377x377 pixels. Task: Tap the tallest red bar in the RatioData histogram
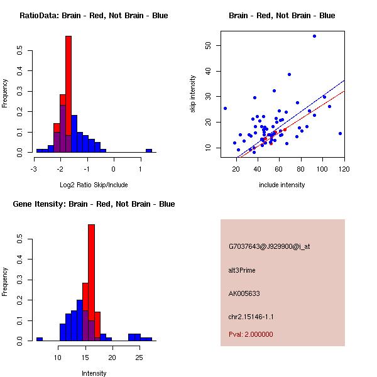(x=68, y=94)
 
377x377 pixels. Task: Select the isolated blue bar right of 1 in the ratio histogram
(x=149, y=151)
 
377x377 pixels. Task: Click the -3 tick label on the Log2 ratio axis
(x=34, y=168)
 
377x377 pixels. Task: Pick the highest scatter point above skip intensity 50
(x=314, y=36)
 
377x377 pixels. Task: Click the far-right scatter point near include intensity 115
(x=340, y=133)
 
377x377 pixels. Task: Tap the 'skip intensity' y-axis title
(x=194, y=94)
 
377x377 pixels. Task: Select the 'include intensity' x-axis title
(x=282, y=185)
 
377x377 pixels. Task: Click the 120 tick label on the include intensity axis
(x=344, y=168)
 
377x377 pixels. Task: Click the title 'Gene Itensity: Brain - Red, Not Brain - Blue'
(x=89, y=204)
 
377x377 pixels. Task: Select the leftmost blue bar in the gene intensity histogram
(x=39, y=339)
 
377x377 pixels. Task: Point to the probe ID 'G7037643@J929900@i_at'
(x=269, y=246)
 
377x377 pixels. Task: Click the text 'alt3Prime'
(x=242, y=270)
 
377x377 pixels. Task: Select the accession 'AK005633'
(x=244, y=293)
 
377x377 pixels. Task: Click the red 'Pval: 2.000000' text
(x=251, y=334)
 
